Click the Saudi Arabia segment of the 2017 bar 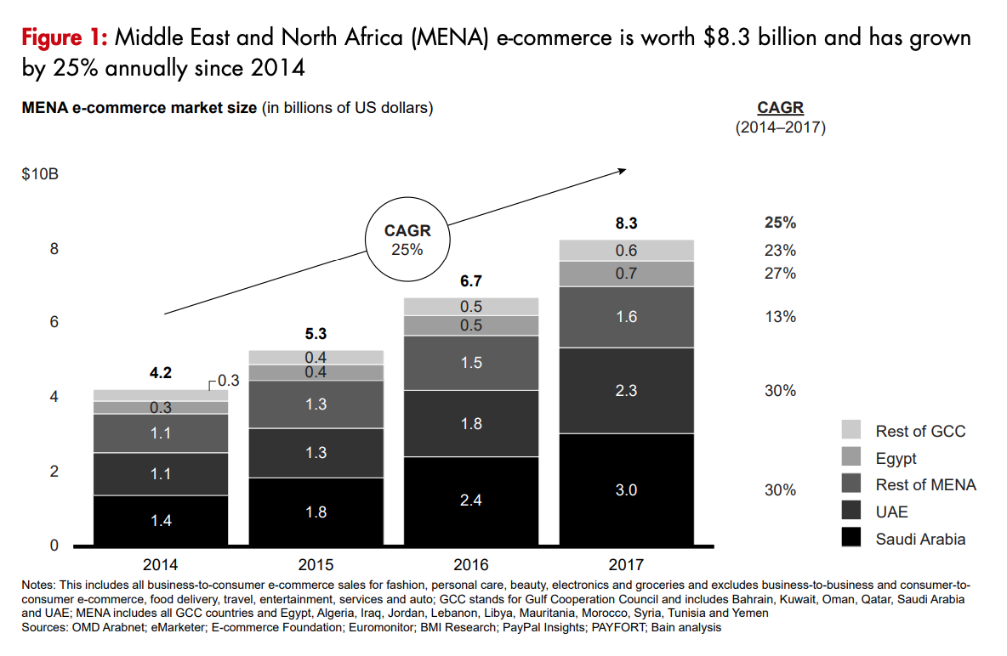[x=626, y=489]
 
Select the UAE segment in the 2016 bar [x=470, y=423]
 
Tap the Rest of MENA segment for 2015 [x=316, y=404]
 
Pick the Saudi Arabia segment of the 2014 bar [x=161, y=520]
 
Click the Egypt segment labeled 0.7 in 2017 [x=626, y=274]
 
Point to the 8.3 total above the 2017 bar [x=626, y=223]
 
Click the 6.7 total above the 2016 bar [x=470, y=281]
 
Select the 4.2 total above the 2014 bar [x=161, y=372]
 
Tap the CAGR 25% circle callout [x=407, y=240]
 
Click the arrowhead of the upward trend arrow [x=622, y=170]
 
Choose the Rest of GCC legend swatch [x=851, y=430]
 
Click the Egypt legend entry [x=896, y=458]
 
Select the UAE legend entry [x=891, y=512]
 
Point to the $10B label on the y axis [x=39, y=175]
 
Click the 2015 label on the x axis [x=316, y=564]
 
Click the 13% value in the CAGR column [x=780, y=317]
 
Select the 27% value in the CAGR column [x=780, y=274]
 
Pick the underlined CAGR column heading [x=780, y=108]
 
